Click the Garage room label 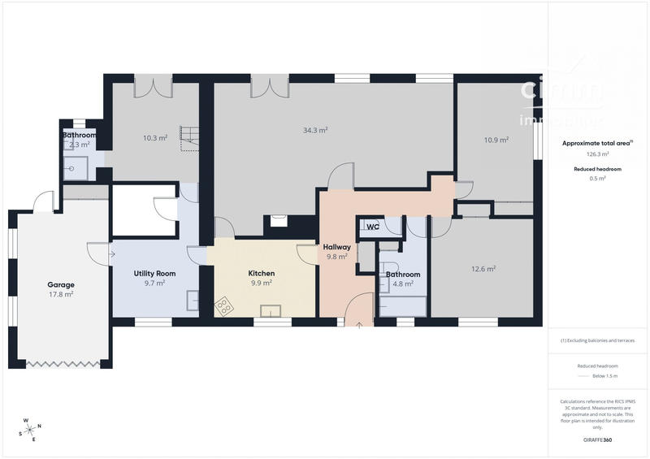(x=61, y=284)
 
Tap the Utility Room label (x=154, y=274)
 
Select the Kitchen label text (x=261, y=274)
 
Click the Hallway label (x=336, y=247)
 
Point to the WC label (x=372, y=227)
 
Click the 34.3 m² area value (x=315, y=130)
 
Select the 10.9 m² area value (x=496, y=140)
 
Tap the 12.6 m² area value (x=483, y=269)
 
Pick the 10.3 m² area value (x=154, y=138)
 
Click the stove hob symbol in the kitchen (x=223, y=306)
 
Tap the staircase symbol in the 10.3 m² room (x=189, y=138)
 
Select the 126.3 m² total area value (x=597, y=154)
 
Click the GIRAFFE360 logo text (x=597, y=440)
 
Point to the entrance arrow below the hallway (x=359, y=323)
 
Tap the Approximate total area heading (x=596, y=143)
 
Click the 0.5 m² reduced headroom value (x=597, y=178)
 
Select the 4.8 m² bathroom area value (x=402, y=284)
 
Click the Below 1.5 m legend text (x=604, y=377)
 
